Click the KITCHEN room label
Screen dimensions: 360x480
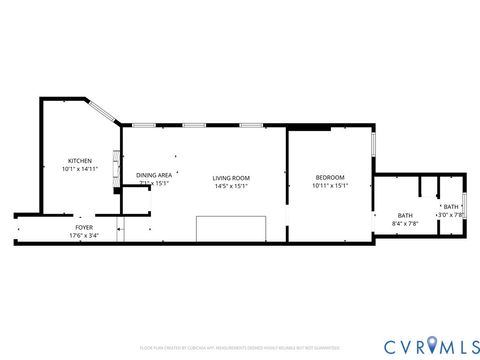tap(79, 161)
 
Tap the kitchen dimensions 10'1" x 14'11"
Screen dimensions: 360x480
tap(79, 170)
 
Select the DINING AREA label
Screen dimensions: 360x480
tap(153, 175)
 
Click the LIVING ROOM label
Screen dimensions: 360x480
tap(231, 178)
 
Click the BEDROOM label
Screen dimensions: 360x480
tap(329, 177)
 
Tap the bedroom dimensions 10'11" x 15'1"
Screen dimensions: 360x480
tap(329, 185)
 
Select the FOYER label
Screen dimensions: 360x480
tap(83, 227)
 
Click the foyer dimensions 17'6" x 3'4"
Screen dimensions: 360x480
tap(83, 235)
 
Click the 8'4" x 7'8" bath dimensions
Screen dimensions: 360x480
tap(405, 223)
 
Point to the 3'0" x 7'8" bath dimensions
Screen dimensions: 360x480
tap(451, 214)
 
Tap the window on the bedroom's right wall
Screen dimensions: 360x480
tap(374, 145)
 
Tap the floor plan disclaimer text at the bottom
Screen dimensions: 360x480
tap(239, 347)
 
